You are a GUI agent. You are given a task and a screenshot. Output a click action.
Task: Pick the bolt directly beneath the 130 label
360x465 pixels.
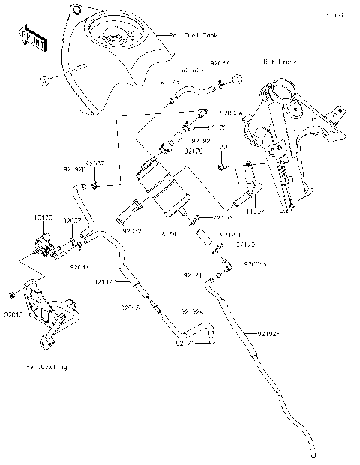(x=223, y=165)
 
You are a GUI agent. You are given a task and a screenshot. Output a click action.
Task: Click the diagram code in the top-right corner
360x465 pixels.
(x=338, y=14)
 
